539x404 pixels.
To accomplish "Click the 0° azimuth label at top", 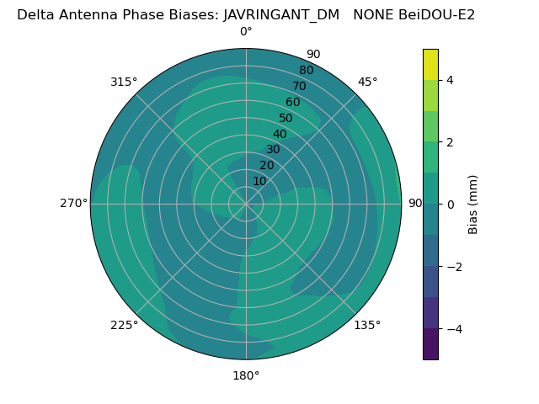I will (246, 32).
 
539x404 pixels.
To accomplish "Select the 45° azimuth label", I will (367, 82).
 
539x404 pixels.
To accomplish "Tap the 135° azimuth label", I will (367, 325).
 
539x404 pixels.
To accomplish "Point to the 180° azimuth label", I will (246, 375).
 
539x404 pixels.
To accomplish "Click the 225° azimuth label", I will (124, 325).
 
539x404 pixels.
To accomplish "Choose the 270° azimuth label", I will (73, 204).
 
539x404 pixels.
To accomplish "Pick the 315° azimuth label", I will (124, 82).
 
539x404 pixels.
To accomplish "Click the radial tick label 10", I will (259, 182).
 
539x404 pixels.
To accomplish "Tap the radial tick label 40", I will (280, 135).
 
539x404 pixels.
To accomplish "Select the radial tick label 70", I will (299, 87).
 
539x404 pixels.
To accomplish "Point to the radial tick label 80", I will (306, 71).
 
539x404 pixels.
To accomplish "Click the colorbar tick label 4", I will (451, 80).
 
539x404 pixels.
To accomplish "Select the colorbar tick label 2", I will (451, 142).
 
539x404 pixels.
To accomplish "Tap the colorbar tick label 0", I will (451, 205).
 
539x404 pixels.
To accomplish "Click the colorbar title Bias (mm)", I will (473, 205).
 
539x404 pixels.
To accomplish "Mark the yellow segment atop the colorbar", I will (430, 64).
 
